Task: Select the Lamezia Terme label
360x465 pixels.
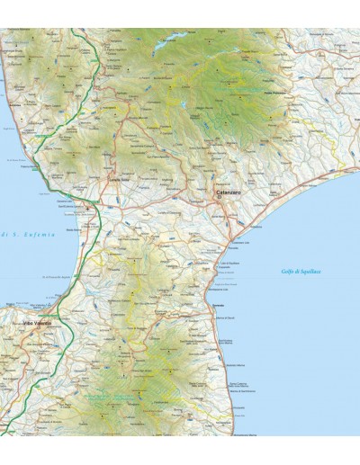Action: (120, 183)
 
